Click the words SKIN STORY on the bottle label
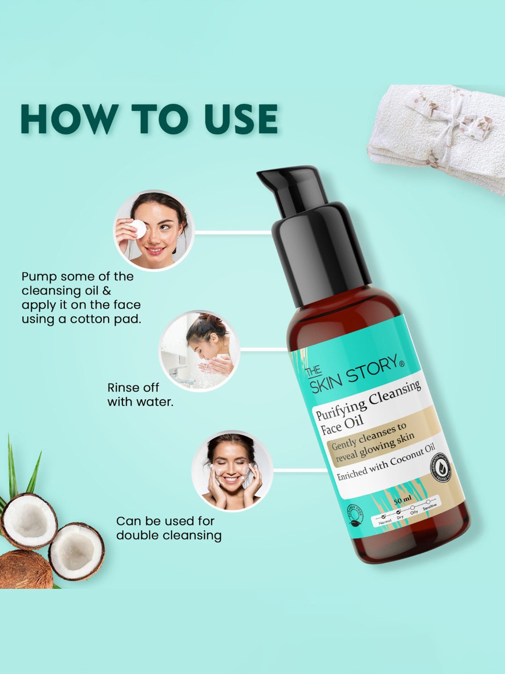tap(357, 374)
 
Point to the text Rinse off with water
tap(140, 395)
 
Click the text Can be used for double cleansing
tap(168, 528)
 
